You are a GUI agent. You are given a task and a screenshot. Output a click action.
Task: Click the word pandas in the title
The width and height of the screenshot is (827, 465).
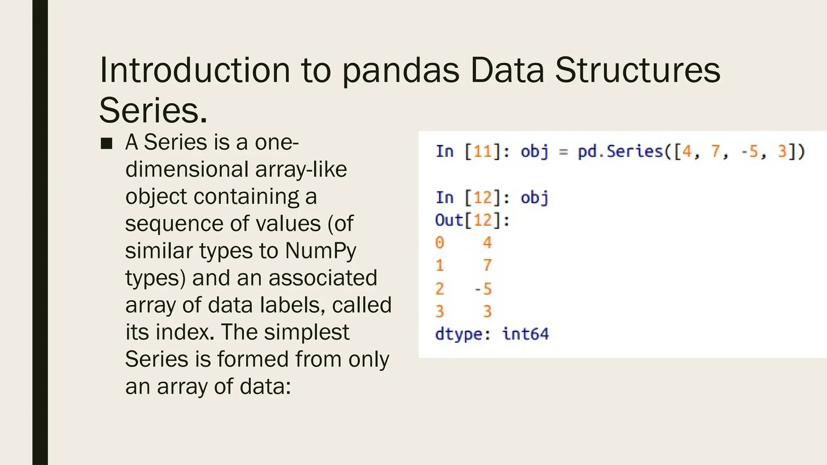click(x=401, y=71)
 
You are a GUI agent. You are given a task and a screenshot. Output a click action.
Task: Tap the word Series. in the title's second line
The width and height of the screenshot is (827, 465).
click(x=153, y=111)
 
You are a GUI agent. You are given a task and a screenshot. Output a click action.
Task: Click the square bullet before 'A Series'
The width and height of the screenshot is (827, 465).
click(x=107, y=143)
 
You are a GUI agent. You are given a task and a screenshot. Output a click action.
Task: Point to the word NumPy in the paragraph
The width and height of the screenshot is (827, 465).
click(x=321, y=251)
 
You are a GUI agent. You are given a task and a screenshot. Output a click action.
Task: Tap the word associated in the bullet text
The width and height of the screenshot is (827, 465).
click(x=323, y=278)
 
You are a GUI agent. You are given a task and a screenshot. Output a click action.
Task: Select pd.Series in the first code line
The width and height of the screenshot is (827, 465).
click(x=621, y=152)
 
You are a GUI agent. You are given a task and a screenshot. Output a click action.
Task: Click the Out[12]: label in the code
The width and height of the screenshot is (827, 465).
click(x=472, y=220)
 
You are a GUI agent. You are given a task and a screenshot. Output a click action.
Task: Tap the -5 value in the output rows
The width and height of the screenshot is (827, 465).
click(x=483, y=289)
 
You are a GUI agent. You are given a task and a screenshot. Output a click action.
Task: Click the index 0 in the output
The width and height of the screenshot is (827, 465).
click(x=440, y=243)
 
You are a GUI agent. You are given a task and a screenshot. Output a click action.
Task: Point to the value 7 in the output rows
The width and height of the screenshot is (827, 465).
click(x=487, y=266)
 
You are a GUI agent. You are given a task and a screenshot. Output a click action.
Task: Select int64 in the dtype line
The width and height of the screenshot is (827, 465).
click(x=525, y=334)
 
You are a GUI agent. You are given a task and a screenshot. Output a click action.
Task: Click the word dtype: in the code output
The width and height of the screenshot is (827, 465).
click(x=463, y=334)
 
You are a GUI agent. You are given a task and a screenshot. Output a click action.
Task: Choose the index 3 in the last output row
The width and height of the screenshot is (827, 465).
click(x=440, y=312)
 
